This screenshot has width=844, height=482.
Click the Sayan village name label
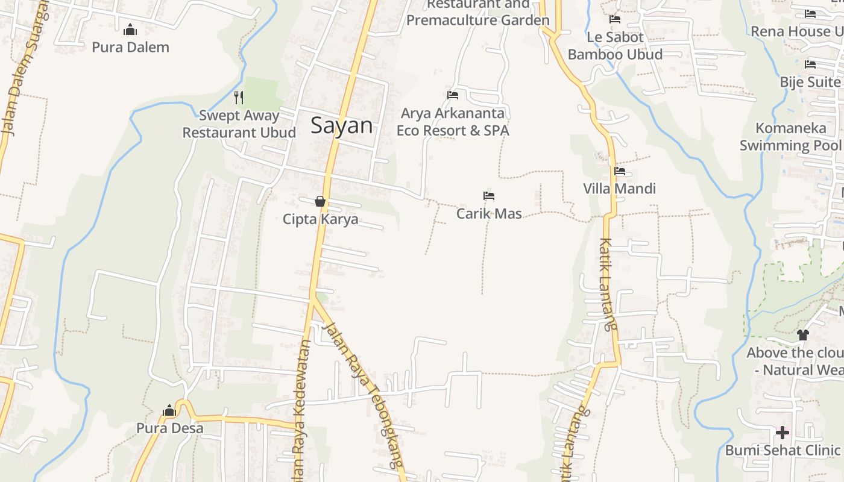[341, 125]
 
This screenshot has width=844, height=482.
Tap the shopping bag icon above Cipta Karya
[320, 201]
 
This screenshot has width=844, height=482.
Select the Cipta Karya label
[320, 219]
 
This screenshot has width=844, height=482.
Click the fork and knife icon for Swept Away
[239, 97]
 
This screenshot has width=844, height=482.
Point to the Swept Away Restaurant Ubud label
[239, 124]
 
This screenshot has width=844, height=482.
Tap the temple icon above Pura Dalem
[130, 30]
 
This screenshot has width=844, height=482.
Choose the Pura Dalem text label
[130, 47]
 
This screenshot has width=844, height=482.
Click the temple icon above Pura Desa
[169, 411]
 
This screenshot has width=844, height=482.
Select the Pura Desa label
[169, 428]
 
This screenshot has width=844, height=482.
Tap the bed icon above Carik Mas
[489, 196]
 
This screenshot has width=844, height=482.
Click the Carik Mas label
[489, 213]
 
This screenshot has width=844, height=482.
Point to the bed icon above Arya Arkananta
[453, 95]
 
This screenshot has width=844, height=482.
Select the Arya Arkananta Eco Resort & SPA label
[453, 122]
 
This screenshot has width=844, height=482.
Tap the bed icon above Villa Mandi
[620, 171]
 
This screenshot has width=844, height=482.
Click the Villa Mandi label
[619, 189]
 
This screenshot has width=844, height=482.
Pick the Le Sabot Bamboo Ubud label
[615, 46]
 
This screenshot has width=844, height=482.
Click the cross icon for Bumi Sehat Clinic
[783, 433]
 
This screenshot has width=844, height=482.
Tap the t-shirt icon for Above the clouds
[802, 335]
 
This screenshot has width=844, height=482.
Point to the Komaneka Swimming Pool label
[790, 137]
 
